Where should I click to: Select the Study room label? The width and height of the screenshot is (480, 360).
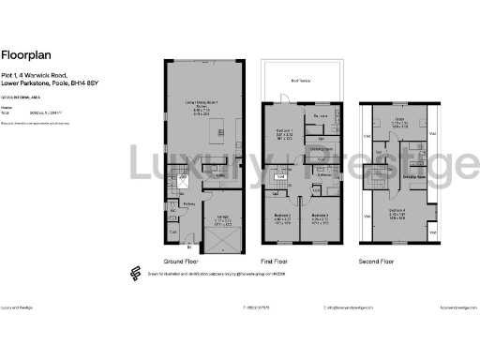(x=399, y=119)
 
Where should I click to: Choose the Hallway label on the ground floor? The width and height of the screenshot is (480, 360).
(x=187, y=204)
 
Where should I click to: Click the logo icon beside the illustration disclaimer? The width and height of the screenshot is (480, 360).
(x=133, y=273)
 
